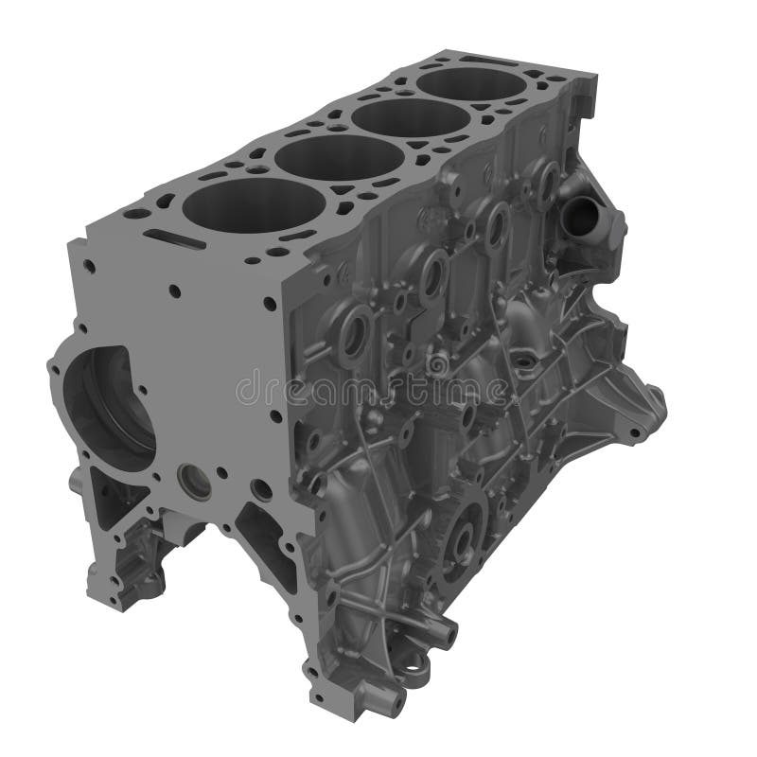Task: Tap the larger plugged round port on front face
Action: tap(195, 484)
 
